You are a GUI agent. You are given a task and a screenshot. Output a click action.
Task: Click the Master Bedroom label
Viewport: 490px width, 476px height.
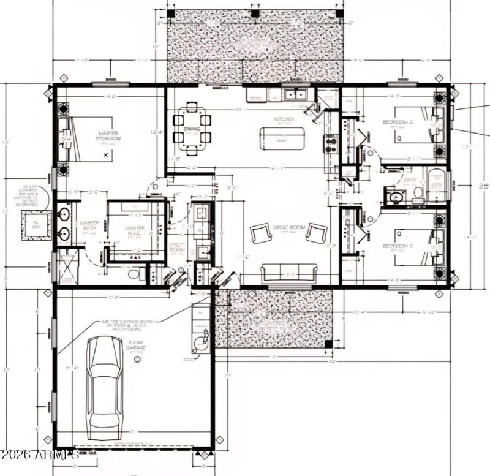[109, 136]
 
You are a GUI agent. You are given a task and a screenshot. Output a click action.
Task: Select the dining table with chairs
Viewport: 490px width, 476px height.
[192, 129]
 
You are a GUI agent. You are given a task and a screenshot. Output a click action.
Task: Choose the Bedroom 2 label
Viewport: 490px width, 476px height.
[398, 123]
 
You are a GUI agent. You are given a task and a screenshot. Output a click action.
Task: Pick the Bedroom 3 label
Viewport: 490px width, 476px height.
[398, 246]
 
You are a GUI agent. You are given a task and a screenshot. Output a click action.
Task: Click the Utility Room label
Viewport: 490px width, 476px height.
[178, 247]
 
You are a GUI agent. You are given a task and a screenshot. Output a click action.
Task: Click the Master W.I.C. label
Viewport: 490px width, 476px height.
[135, 231]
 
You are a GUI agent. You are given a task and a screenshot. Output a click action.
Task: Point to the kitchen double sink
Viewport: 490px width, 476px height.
[296, 94]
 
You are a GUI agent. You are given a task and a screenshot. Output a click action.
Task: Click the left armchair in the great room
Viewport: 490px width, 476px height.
[260, 233]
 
